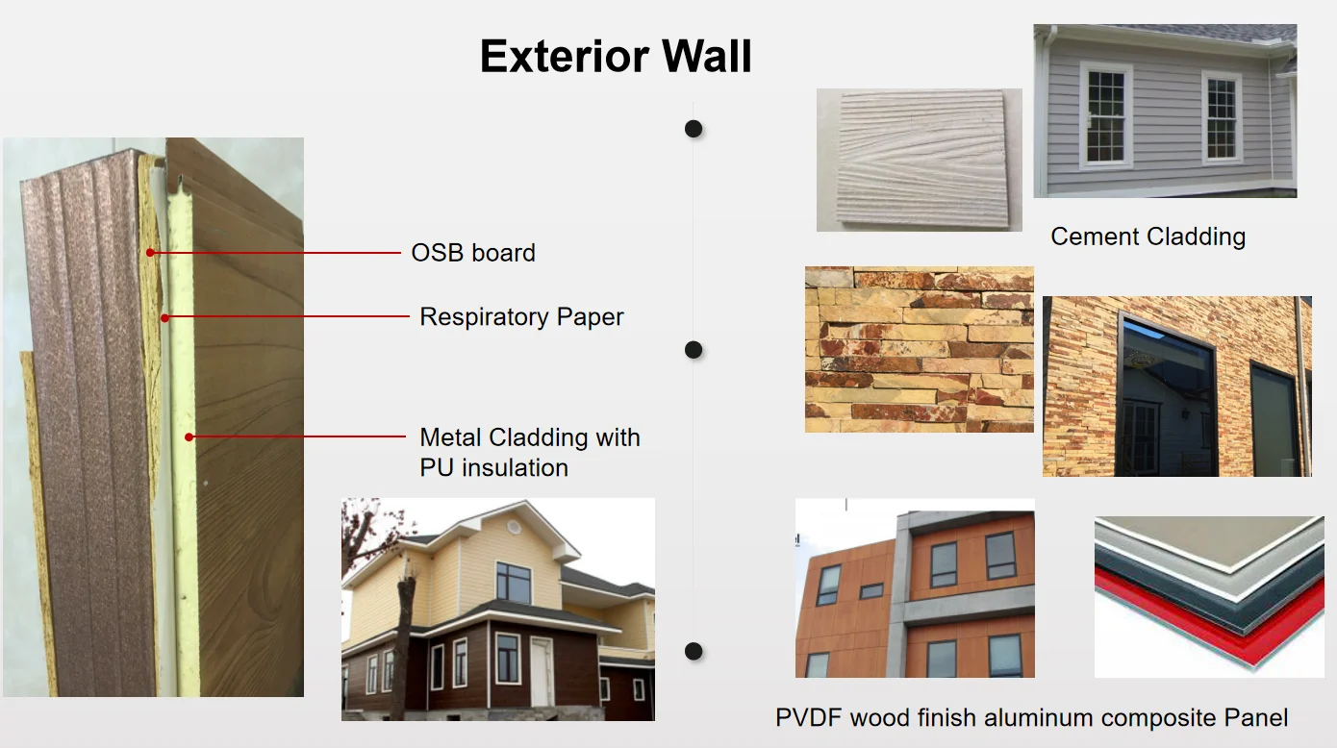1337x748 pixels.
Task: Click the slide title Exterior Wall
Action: [x=616, y=56]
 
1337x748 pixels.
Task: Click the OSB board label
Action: [x=473, y=253]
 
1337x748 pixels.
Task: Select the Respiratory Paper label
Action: [x=521, y=316]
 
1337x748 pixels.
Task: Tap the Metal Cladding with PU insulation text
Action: [x=530, y=452]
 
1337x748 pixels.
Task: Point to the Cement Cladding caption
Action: [x=1148, y=237]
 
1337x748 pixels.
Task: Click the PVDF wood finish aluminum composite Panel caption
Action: [x=1031, y=717]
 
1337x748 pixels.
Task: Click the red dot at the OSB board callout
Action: [x=150, y=253]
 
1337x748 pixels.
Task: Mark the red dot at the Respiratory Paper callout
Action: [x=164, y=318]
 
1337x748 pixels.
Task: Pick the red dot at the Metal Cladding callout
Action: [x=189, y=437]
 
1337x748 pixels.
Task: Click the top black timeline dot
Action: [x=694, y=129]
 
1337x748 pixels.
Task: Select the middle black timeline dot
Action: [x=694, y=350]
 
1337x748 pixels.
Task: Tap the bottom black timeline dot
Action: [x=694, y=651]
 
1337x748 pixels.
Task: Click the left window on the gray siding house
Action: [x=1106, y=115]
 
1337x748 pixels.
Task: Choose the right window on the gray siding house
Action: [x=1222, y=117]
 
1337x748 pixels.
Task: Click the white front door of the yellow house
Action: [x=541, y=672]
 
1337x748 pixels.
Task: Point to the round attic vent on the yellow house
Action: [x=513, y=527]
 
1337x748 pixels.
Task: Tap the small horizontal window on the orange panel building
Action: [x=871, y=591]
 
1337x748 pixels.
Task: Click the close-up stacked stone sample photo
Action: [x=920, y=350]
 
